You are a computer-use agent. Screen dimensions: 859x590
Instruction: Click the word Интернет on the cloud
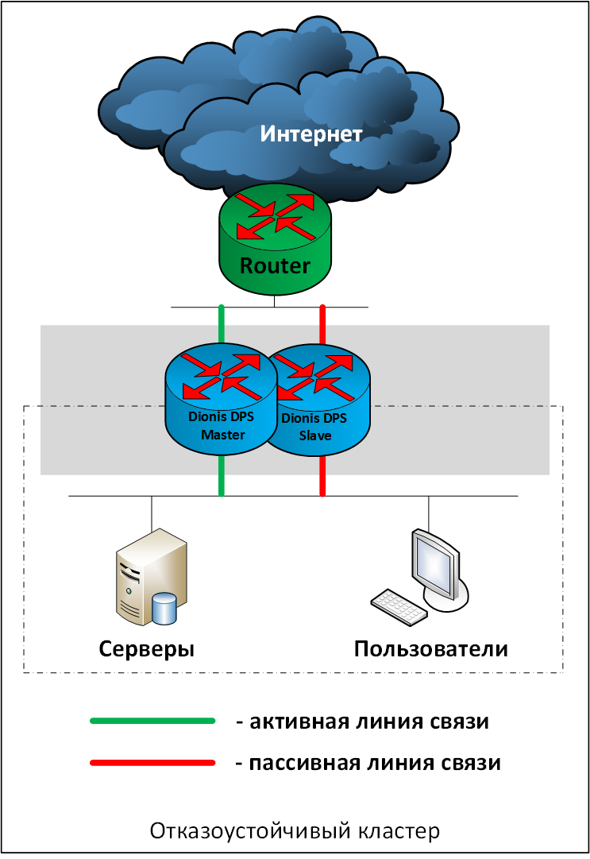(311, 133)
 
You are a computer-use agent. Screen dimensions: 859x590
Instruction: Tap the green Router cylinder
(275, 238)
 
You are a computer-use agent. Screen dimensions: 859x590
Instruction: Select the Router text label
(275, 265)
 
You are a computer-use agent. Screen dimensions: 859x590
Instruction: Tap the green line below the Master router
(222, 477)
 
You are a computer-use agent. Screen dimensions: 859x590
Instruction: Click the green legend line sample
(152, 722)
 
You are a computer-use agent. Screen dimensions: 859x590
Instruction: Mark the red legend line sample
(152, 764)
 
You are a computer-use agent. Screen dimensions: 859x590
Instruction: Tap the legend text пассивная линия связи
(368, 764)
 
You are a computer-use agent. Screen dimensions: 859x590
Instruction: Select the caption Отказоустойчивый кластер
(295, 832)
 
